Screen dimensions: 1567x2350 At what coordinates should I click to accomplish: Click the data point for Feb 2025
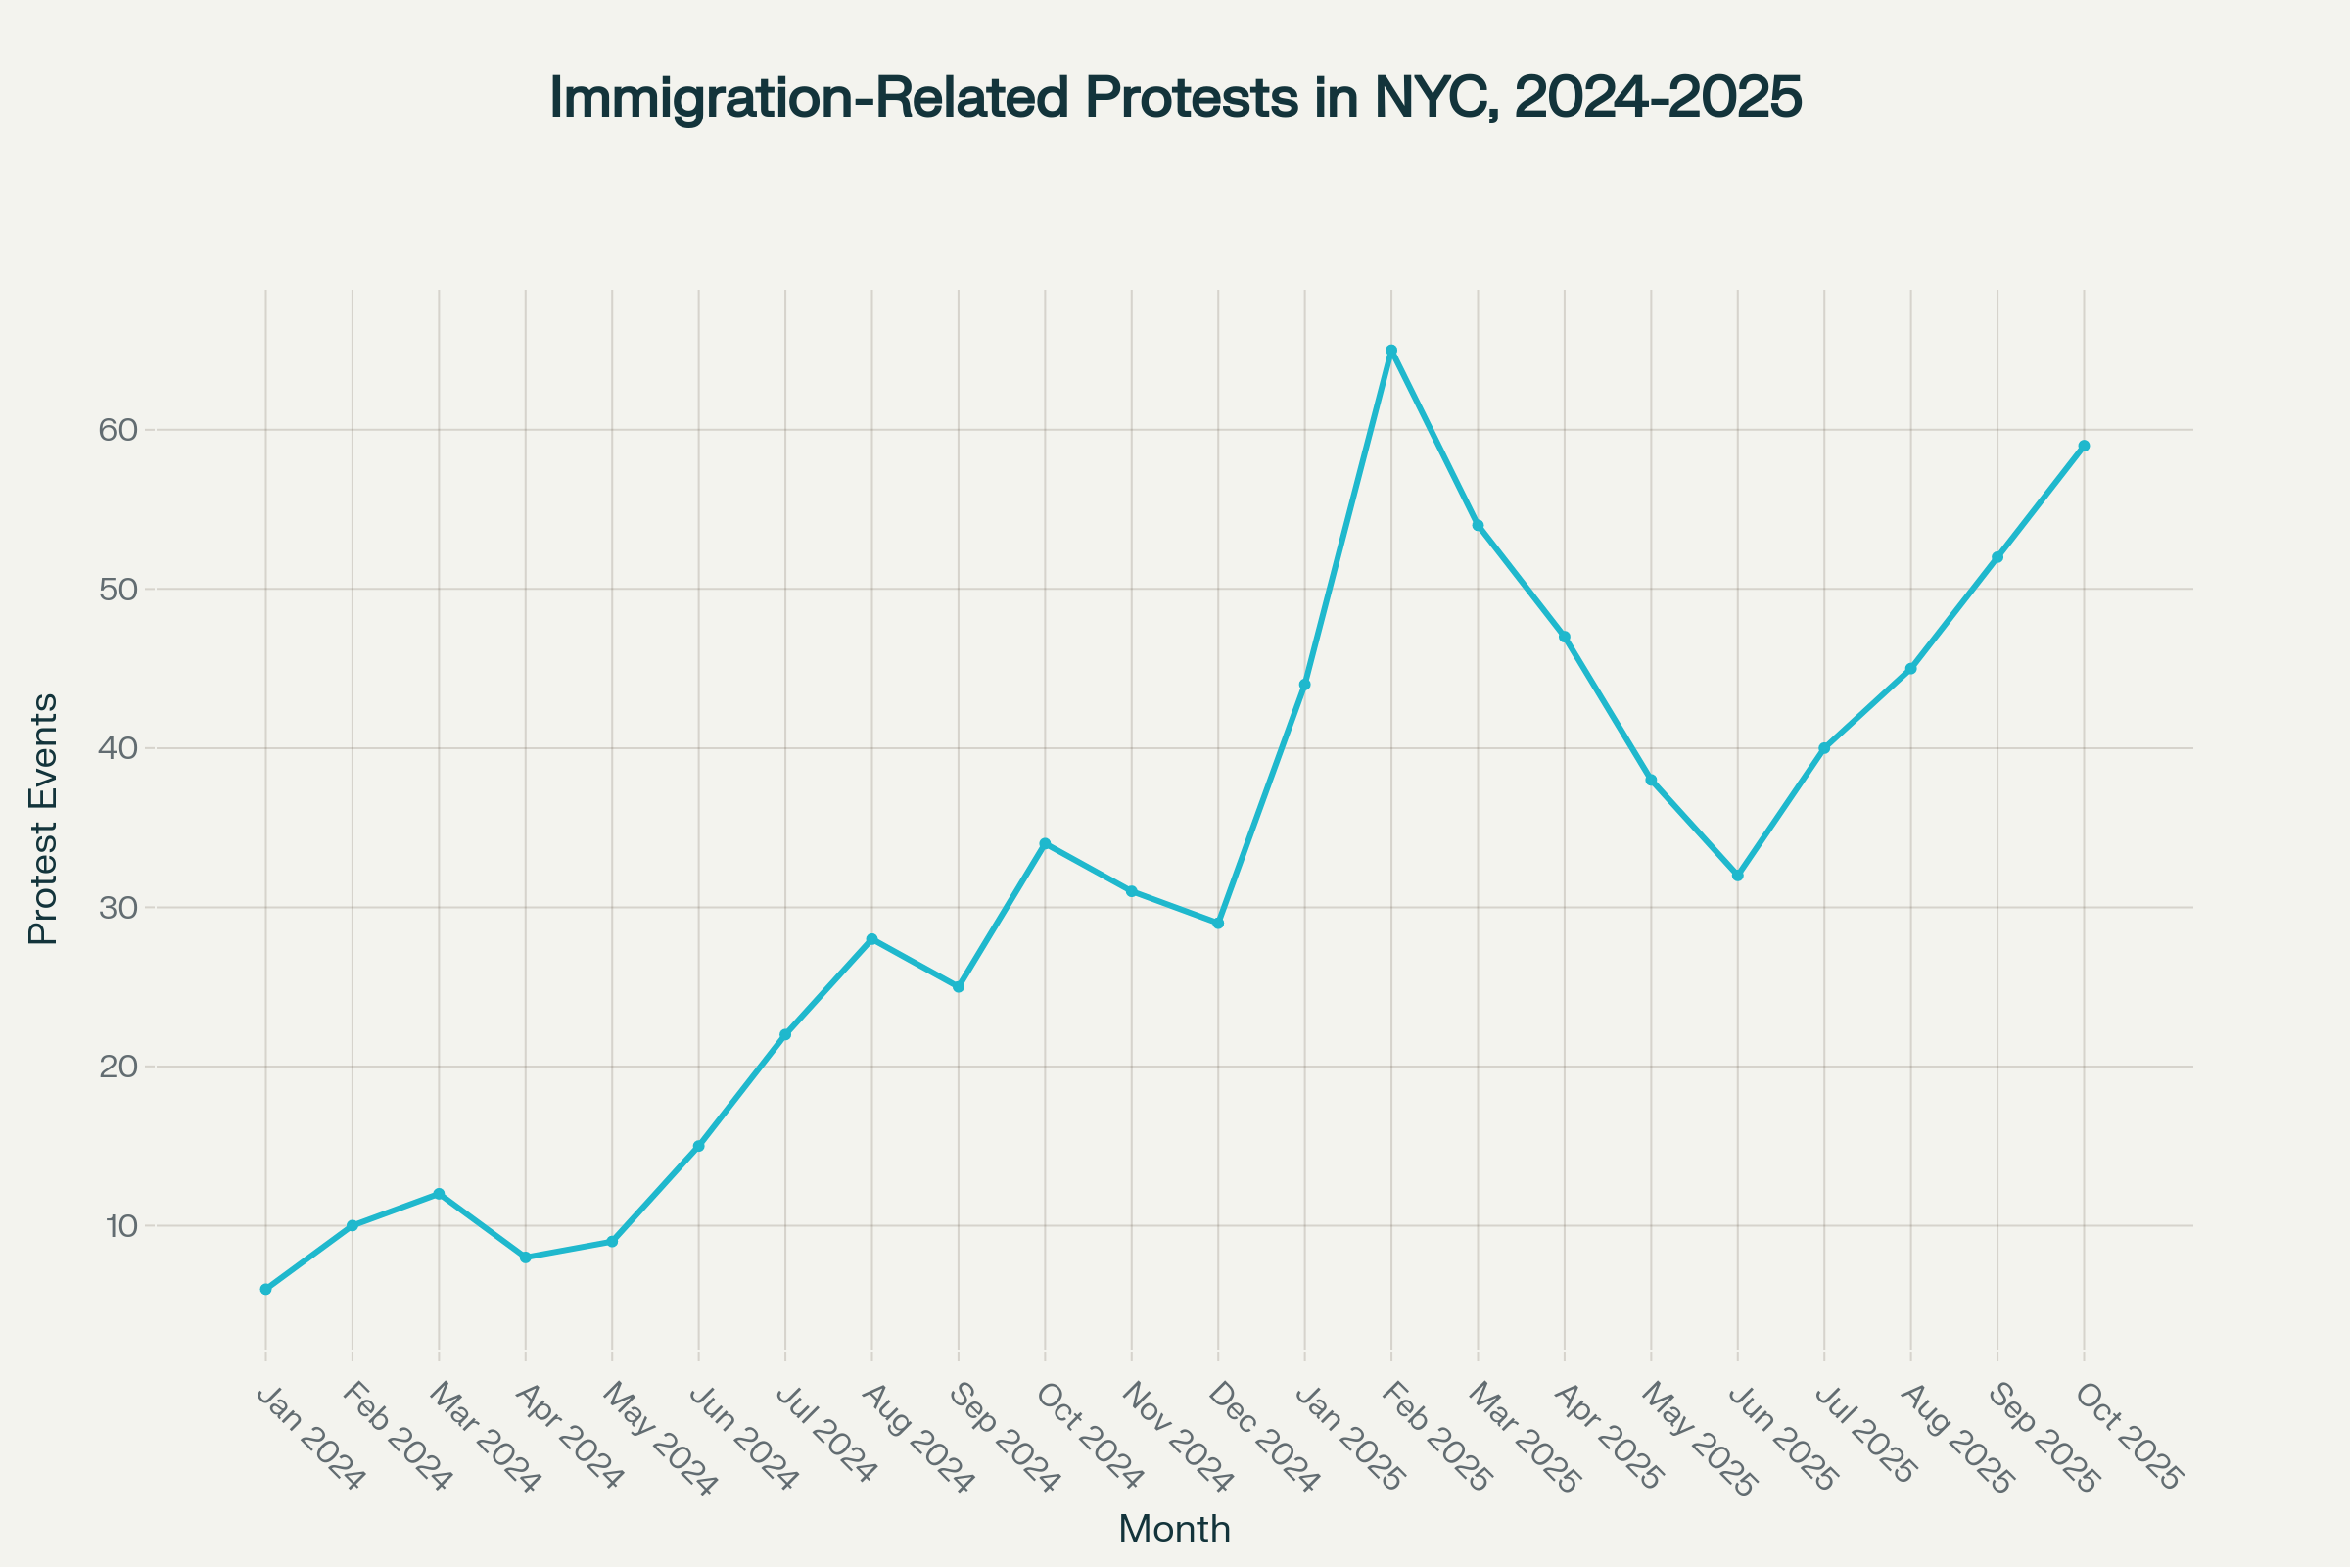click(1390, 351)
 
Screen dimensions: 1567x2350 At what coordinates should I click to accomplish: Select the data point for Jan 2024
click(265, 1289)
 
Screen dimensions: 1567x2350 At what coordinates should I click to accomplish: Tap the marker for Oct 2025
click(2084, 446)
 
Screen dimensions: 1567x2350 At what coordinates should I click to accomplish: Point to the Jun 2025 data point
click(1737, 876)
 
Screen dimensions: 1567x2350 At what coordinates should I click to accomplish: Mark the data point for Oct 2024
click(1045, 843)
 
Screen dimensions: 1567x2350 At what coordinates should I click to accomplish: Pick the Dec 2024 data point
click(1218, 924)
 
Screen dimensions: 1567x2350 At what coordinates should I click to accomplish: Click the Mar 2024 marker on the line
click(439, 1194)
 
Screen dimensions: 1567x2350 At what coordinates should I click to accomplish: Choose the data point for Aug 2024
click(872, 939)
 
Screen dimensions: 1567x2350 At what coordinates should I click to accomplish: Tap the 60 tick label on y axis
click(117, 431)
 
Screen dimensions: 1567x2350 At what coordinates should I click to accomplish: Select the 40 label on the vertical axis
click(117, 748)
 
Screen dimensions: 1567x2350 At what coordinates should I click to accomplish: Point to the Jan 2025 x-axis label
click(1349, 1437)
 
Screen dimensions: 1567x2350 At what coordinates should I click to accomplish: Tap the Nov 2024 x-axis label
click(1177, 1437)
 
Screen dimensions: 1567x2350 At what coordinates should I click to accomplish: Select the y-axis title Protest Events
click(43, 820)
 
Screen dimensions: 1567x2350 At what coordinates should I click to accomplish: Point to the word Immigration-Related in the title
click(810, 98)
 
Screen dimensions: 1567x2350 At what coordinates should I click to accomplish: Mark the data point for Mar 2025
click(1478, 526)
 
